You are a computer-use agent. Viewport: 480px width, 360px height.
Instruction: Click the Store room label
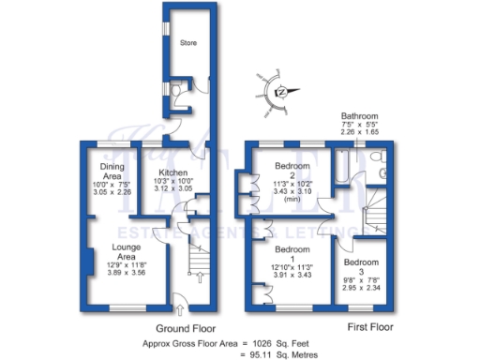click(190, 41)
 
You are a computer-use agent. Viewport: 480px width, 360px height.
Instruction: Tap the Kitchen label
click(174, 173)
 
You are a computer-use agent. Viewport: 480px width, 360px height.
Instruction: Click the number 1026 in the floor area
click(252, 343)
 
